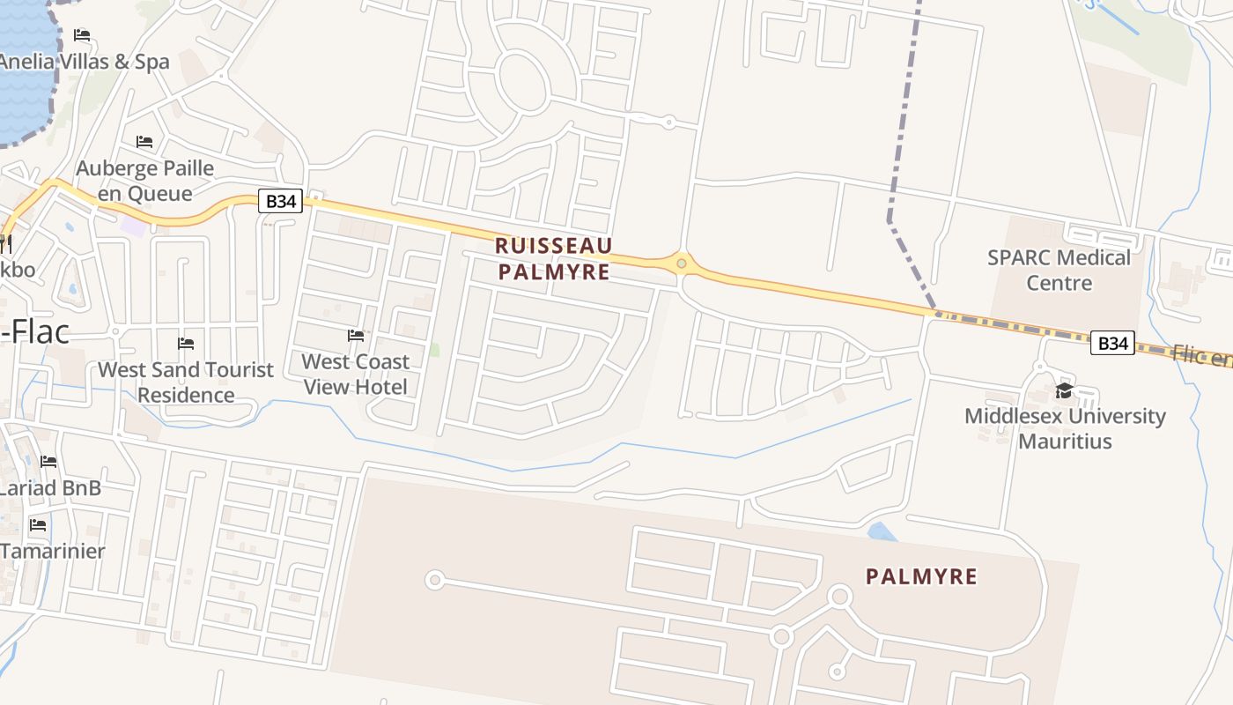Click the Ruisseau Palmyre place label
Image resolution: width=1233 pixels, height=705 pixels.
click(x=553, y=258)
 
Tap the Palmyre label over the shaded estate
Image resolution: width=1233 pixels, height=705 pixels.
click(x=921, y=576)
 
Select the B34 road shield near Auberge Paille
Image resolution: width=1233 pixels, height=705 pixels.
click(x=281, y=201)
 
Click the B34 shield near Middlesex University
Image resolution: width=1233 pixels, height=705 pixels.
click(x=1112, y=343)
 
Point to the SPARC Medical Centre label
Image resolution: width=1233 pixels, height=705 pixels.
click(x=1059, y=270)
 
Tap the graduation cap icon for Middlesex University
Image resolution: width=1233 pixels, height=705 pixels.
click(x=1064, y=391)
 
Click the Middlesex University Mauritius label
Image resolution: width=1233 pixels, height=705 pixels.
click(x=1065, y=428)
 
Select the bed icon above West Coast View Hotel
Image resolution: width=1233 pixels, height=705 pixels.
click(x=356, y=336)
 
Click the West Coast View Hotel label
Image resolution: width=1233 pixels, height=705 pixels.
click(x=356, y=374)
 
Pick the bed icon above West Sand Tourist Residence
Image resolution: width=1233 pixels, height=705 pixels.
click(x=186, y=343)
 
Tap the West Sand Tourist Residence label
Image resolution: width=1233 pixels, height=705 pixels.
click(x=186, y=382)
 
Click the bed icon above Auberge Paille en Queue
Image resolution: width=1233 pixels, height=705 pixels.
click(x=144, y=142)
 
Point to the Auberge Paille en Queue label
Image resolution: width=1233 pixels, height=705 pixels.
click(x=145, y=181)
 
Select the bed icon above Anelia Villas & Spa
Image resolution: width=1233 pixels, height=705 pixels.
click(x=82, y=35)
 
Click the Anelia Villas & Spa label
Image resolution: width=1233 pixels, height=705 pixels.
click(x=85, y=62)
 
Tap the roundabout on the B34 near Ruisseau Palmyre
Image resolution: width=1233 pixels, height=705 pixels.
click(x=681, y=262)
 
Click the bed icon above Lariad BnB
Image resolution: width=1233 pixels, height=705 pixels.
click(x=48, y=462)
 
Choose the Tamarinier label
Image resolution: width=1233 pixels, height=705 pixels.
click(x=53, y=551)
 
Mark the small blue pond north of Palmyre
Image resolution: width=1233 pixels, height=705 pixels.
click(x=882, y=531)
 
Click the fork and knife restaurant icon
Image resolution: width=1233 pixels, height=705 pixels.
click(x=4, y=242)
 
